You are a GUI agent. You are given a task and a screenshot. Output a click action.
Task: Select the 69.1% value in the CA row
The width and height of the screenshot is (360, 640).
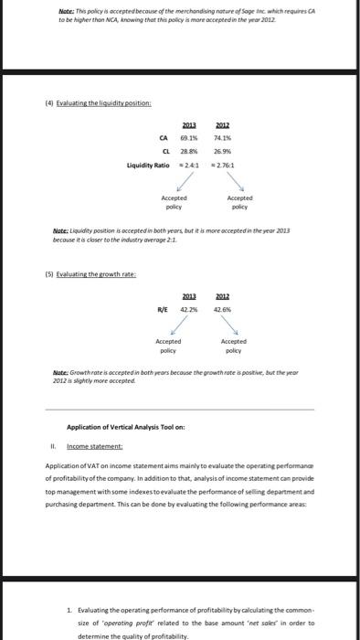pyautogui.click(x=176, y=140)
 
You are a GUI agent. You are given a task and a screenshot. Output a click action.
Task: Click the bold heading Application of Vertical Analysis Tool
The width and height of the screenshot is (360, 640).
pyautogui.click(x=126, y=426)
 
